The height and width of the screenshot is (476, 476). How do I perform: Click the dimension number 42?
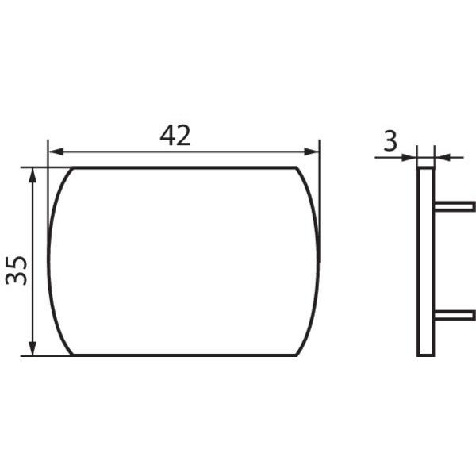[x=175, y=136]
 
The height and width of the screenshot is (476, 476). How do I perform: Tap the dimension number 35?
[x=17, y=271]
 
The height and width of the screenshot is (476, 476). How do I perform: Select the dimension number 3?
[x=390, y=141]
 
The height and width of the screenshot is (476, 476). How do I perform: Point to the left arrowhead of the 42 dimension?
[x=56, y=152]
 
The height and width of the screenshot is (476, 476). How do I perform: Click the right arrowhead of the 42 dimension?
[x=312, y=152]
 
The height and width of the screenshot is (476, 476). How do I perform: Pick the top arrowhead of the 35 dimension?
[x=33, y=175]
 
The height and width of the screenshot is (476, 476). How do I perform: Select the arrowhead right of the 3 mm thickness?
[x=442, y=158]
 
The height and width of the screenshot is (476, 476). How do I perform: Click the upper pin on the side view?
[x=455, y=206]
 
